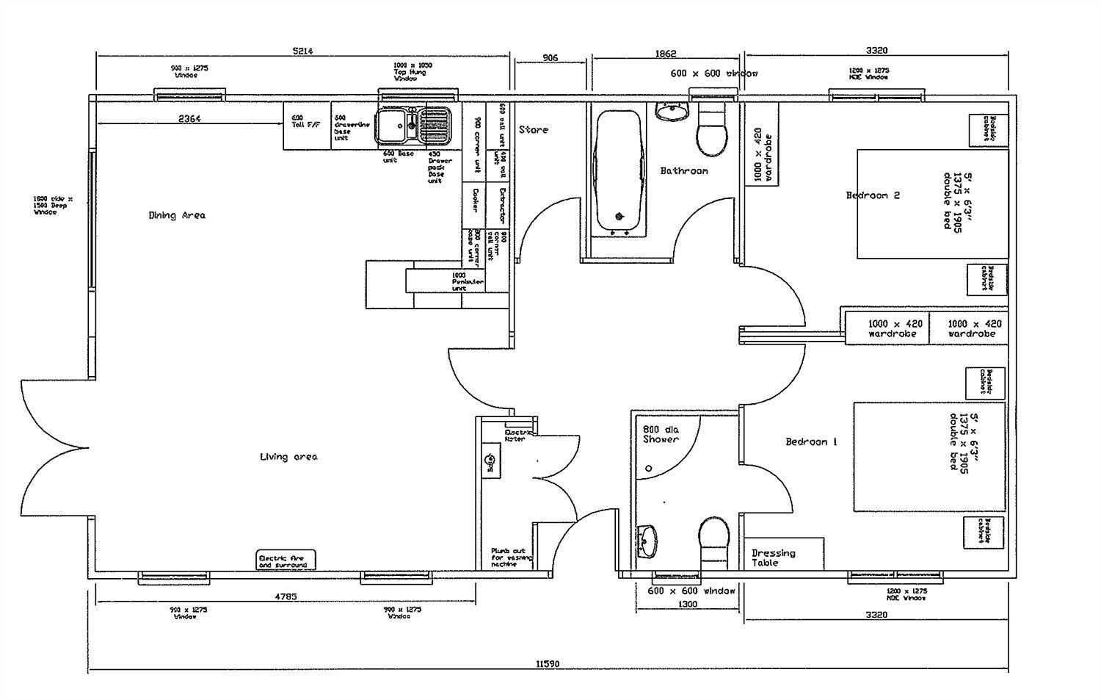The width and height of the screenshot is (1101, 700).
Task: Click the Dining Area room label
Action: click(x=177, y=215)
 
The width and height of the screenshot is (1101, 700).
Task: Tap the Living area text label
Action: click(x=288, y=457)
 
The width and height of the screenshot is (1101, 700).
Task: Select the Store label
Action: click(x=534, y=130)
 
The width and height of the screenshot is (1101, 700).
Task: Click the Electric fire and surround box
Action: click(x=286, y=560)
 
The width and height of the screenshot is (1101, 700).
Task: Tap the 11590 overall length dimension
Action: click(x=548, y=663)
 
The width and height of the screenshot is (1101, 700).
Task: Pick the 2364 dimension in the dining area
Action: click(x=189, y=118)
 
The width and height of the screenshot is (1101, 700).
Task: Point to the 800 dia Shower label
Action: click(x=661, y=434)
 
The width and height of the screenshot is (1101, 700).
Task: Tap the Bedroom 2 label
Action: click(x=873, y=195)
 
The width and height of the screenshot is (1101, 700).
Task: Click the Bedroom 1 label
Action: click(x=811, y=441)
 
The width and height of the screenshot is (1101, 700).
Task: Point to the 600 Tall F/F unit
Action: click(x=307, y=126)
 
